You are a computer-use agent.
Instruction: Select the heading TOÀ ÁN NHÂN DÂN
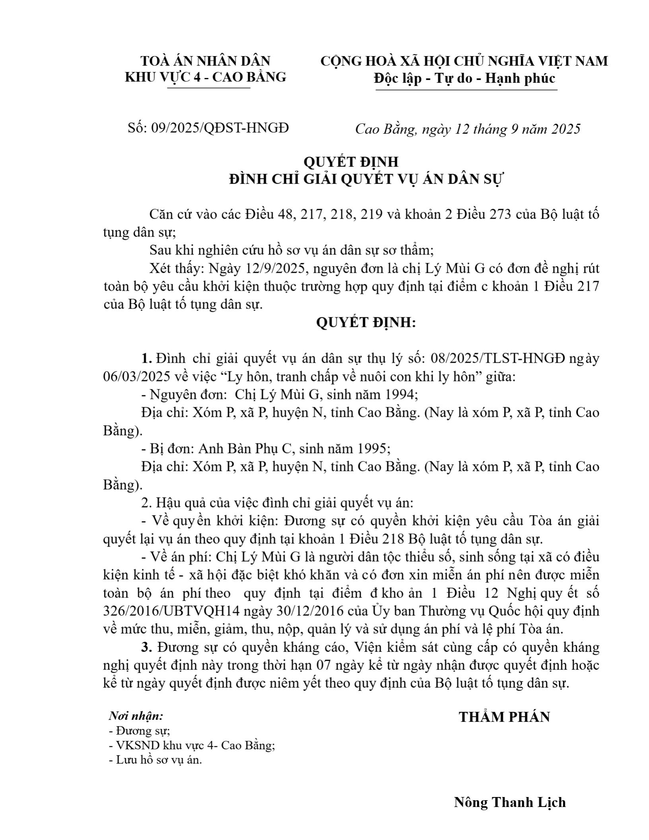206,61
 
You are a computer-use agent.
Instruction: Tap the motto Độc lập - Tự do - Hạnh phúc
464,78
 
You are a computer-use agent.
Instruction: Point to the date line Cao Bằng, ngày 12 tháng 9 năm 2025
468,129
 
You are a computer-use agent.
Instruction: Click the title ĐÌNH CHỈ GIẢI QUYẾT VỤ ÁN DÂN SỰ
366,180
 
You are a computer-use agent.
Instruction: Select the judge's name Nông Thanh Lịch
510,802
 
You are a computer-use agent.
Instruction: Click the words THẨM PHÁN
504,717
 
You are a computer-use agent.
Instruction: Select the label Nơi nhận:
136,716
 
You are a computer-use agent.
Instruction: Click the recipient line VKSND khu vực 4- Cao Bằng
192,745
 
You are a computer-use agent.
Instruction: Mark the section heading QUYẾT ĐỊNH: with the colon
366,323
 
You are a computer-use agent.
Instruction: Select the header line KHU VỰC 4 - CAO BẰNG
206,77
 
